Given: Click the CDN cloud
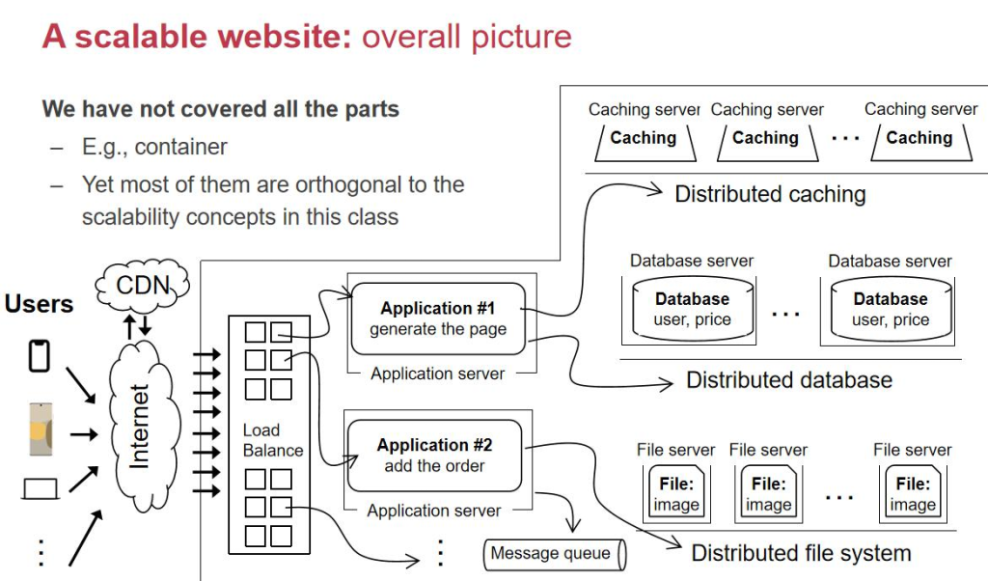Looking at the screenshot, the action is coord(143,286).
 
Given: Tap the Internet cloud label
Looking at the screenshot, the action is coord(139,426).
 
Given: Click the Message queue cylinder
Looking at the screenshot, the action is coord(555,554).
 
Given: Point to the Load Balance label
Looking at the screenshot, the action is coord(273,440).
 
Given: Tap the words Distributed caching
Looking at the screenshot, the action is coord(770,194).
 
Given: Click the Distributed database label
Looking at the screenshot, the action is coord(789,380).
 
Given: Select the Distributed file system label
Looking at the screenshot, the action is coord(801,553).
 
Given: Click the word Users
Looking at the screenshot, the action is coord(39,304).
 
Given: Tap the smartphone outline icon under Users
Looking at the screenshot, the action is coord(40,356).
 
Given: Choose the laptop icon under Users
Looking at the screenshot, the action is coord(41,489).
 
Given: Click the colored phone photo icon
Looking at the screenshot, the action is coord(41,429).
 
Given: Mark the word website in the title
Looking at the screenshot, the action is coord(285,36).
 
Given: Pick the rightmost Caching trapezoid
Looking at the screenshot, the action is coord(920,143).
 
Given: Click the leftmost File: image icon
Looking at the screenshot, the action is coord(676,493).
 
